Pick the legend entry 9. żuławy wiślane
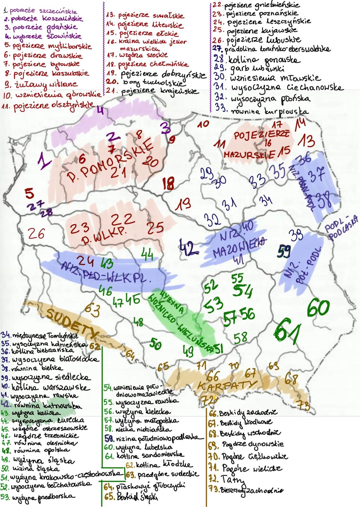pyautogui.click(x=40, y=84)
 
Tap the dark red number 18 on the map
pyautogui.click(x=168, y=183)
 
